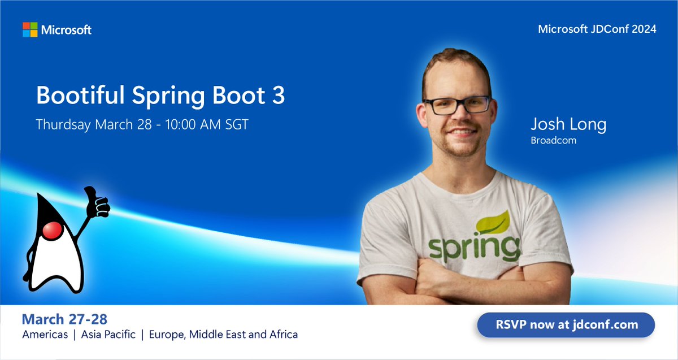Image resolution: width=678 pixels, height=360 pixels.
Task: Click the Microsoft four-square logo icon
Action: (x=30, y=29)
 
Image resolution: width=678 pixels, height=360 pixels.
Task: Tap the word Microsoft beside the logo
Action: (x=66, y=30)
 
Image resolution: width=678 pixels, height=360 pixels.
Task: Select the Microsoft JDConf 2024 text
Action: (x=597, y=29)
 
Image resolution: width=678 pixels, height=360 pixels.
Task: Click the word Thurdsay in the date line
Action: (x=63, y=125)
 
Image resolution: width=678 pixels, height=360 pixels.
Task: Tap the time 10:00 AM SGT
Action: (x=207, y=125)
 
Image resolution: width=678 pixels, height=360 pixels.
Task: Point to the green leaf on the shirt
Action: (x=493, y=222)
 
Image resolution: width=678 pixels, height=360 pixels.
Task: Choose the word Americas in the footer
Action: (x=45, y=335)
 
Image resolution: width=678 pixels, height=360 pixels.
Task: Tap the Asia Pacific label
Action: (x=108, y=335)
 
